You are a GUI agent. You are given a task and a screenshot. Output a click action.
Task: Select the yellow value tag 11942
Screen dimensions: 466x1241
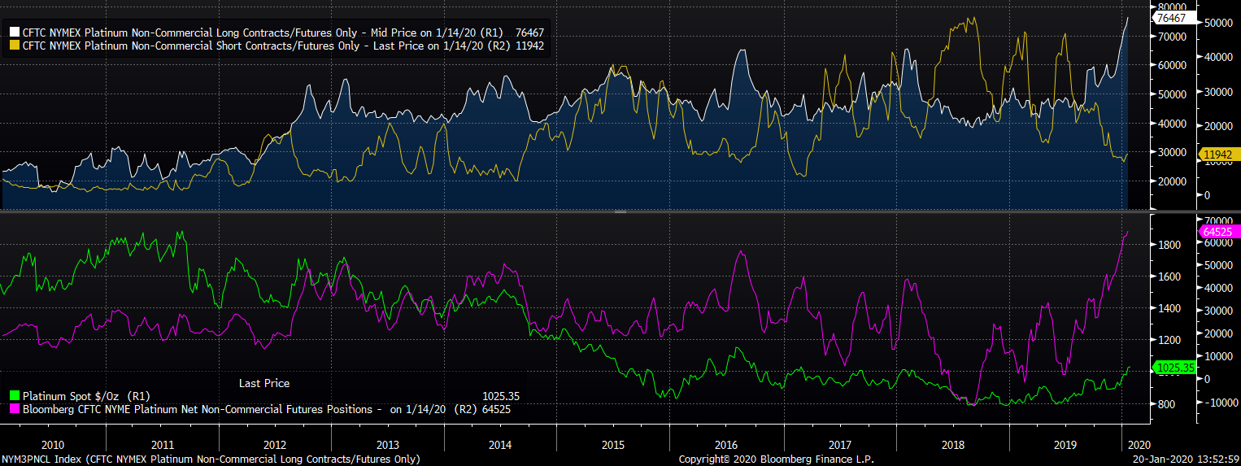(1218, 153)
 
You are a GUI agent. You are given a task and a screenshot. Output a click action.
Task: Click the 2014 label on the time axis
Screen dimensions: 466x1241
(499, 445)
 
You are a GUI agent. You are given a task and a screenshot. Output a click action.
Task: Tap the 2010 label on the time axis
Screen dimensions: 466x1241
(52, 445)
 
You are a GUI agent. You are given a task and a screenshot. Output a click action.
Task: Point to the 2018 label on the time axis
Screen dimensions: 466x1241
(951, 445)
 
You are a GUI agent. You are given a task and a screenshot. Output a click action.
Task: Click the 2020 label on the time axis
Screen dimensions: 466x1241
(1139, 445)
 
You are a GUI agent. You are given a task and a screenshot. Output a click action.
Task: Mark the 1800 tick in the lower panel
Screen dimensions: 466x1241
(1169, 245)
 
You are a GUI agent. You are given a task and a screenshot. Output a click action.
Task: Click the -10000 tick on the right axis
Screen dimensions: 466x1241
(1217, 403)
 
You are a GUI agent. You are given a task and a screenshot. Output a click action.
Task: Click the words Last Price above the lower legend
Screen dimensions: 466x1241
(263, 383)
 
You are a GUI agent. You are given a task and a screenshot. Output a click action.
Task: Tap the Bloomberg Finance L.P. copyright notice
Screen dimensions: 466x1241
(776, 459)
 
